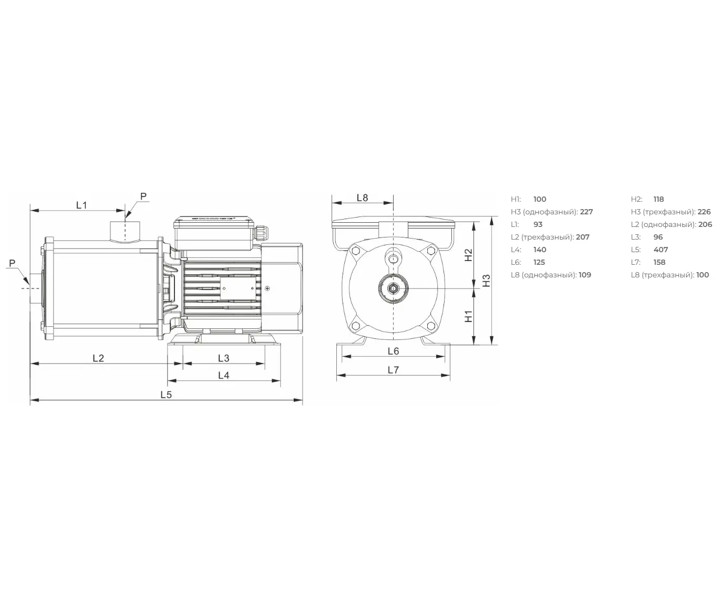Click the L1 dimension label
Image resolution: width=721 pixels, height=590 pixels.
pos(81,205)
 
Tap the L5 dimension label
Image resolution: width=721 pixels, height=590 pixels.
pos(166,395)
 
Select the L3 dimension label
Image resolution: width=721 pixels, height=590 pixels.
pos(223,358)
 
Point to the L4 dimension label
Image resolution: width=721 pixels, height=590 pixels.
pos(223,375)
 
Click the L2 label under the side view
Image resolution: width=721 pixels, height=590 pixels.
pos(98,358)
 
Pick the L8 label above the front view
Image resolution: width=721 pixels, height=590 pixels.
pos(363,198)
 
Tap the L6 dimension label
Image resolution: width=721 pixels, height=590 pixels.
pos(393,351)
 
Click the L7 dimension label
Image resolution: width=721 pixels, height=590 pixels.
pos(393,369)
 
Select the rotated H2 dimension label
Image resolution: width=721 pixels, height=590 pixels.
pos(468,255)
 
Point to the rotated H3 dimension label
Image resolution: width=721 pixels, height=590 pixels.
pos(486,281)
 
